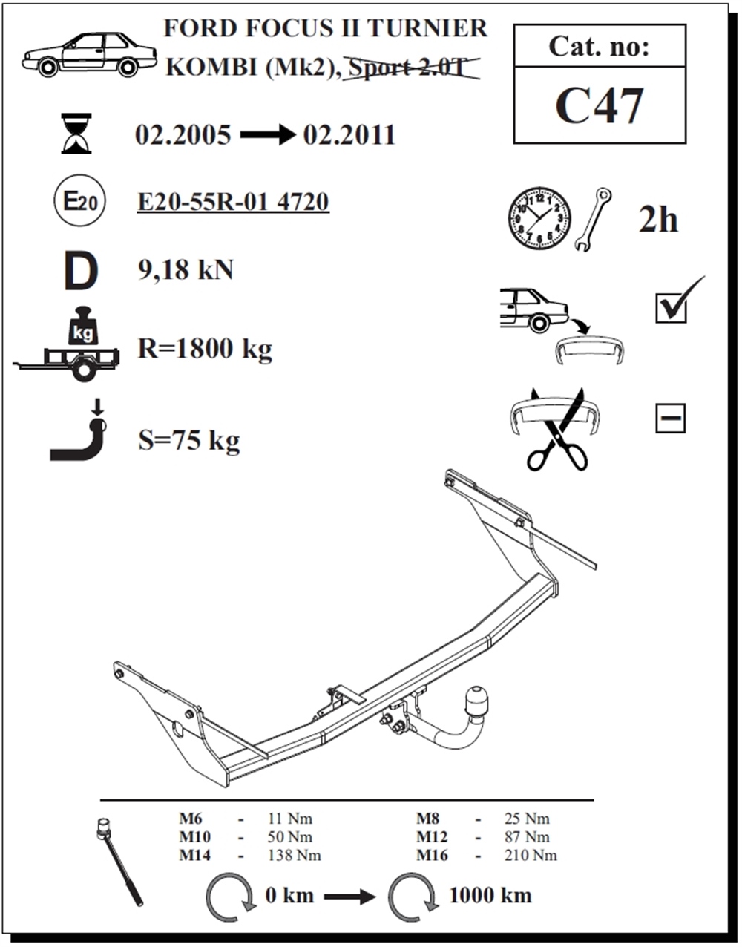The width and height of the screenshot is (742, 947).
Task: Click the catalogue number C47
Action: click(x=599, y=105)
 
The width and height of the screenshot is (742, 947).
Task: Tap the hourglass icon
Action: click(x=76, y=134)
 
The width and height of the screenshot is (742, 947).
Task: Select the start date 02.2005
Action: click(x=183, y=134)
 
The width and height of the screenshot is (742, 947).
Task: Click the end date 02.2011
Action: click(x=349, y=134)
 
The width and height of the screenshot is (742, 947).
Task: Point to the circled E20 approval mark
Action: click(x=79, y=200)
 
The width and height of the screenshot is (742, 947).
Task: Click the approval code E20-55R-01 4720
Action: click(x=233, y=202)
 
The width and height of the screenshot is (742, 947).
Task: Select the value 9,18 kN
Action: click(x=185, y=269)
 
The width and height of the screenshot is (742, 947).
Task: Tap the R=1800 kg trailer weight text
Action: click(x=205, y=350)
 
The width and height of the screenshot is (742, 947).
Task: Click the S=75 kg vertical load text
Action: click(x=188, y=441)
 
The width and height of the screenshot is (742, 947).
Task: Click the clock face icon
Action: click(x=539, y=218)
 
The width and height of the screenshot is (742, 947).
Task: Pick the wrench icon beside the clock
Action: click(x=593, y=219)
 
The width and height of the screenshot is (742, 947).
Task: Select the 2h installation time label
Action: click(x=658, y=220)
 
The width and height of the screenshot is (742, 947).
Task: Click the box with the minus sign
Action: click(x=671, y=419)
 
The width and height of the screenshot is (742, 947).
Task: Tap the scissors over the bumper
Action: click(x=558, y=430)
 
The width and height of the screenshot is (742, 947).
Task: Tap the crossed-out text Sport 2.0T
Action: click(x=412, y=68)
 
